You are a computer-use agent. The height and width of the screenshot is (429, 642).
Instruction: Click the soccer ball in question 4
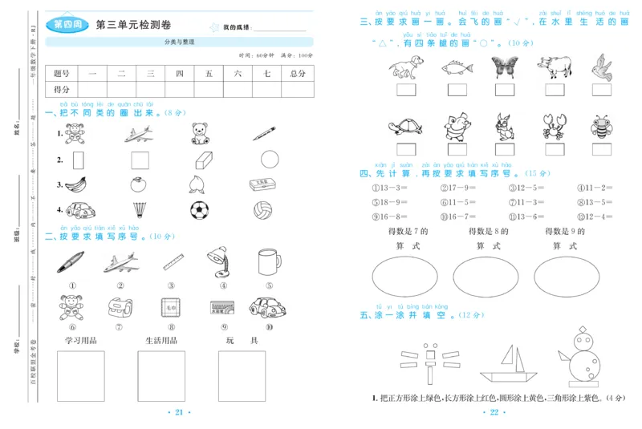click(x=199, y=210)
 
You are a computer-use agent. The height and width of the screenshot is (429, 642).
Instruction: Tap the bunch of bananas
click(x=75, y=184)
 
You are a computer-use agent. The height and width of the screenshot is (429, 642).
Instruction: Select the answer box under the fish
click(x=454, y=91)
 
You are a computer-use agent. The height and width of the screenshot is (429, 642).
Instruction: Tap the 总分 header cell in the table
click(x=297, y=73)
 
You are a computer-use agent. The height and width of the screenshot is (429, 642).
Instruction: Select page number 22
click(x=494, y=412)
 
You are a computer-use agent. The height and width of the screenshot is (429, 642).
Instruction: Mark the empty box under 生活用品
click(x=160, y=375)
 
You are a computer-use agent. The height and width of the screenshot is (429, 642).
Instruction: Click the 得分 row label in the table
click(x=62, y=89)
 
